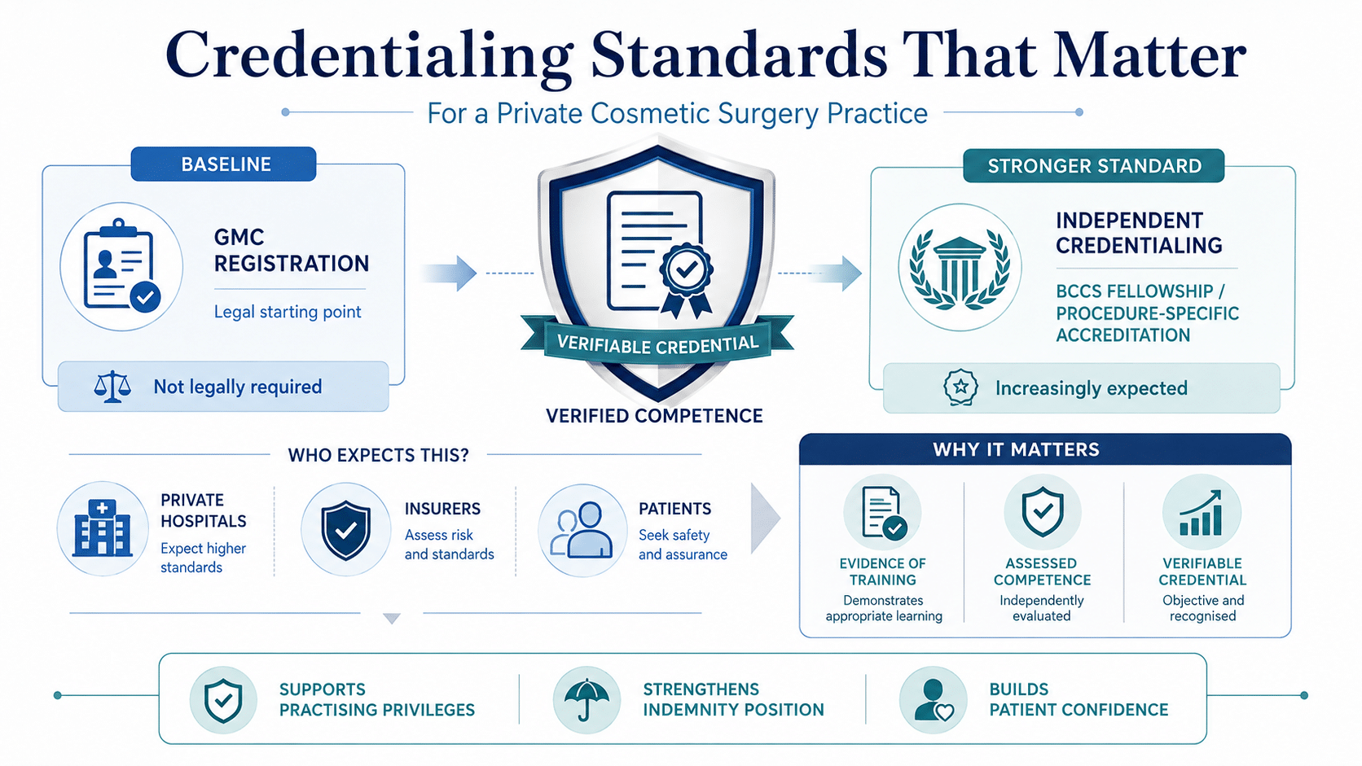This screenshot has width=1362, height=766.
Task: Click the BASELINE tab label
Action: (226, 164)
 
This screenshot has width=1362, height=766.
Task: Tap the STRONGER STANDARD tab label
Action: (1095, 166)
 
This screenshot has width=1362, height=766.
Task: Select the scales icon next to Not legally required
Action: (112, 387)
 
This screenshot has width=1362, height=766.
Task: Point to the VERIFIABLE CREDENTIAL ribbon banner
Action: (657, 343)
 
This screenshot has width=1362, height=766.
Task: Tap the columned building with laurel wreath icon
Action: (960, 267)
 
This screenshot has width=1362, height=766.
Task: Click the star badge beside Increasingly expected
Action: (960, 387)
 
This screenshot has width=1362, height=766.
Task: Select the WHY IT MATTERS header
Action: (1016, 449)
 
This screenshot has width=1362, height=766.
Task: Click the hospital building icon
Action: (102, 528)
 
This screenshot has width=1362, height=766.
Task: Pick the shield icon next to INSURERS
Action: (346, 530)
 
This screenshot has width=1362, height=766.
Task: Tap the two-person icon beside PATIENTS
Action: (582, 530)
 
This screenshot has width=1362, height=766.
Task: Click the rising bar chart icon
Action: (1201, 514)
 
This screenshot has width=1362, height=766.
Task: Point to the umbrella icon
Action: (587, 699)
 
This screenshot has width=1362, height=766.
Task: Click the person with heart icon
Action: (934, 700)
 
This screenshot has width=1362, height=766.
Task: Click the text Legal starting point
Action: (288, 313)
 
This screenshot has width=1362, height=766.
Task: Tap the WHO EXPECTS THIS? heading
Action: (378, 455)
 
